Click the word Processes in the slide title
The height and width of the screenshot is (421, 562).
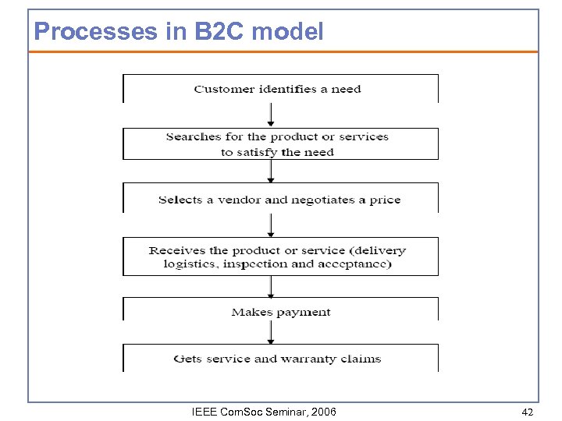click(x=86, y=32)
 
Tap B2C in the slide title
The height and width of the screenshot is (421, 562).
click(x=191, y=32)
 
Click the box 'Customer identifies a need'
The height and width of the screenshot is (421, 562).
click(x=279, y=89)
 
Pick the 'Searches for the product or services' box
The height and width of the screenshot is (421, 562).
click(x=279, y=144)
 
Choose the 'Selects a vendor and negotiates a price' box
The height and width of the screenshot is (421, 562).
click(x=279, y=200)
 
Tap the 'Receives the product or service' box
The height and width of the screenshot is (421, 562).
click(x=279, y=256)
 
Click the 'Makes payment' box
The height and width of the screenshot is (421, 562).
click(x=279, y=312)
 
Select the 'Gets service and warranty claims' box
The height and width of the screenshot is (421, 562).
click(x=279, y=359)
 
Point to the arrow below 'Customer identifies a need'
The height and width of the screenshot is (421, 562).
click(x=271, y=115)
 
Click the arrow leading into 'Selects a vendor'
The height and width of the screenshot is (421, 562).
click(x=271, y=172)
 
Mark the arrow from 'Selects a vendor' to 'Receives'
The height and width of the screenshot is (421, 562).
click(x=271, y=225)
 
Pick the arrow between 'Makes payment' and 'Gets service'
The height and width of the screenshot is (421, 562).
click(x=271, y=332)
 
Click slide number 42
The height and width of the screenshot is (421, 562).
click(x=528, y=412)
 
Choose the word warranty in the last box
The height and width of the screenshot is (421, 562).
click(x=311, y=359)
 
